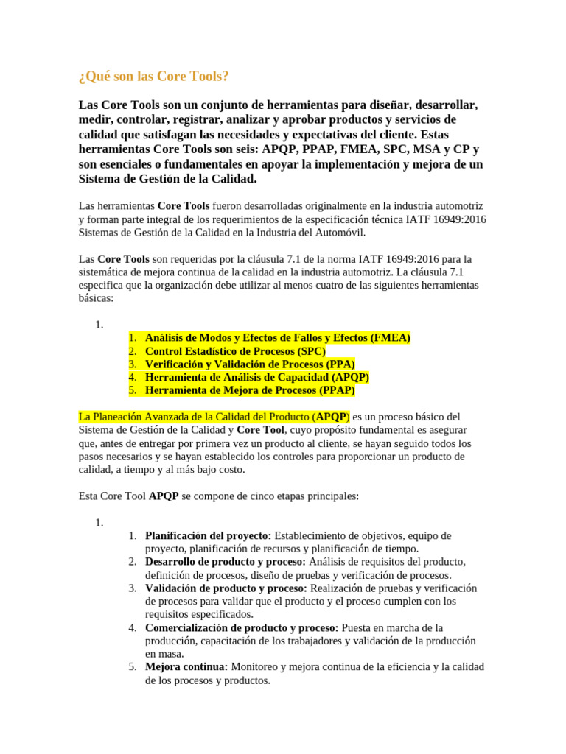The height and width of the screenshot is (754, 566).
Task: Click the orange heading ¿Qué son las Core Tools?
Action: pyautogui.click(x=153, y=77)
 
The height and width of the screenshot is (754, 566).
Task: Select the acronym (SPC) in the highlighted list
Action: pyautogui.click(x=311, y=350)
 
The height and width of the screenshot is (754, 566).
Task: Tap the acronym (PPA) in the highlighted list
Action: pyautogui.click(x=340, y=364)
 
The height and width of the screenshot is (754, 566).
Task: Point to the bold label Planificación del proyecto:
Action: pyautogui.click(x=209, y=535)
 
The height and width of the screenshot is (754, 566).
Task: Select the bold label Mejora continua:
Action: pyautogui.click(x=187, y=667)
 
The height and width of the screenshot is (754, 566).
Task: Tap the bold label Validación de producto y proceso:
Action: pyautogui.click(x=226, y=588)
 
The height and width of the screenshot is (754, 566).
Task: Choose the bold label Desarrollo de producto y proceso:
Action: pyautogui.click(x=226, y=562)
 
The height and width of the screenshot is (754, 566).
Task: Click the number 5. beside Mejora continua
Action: pyautogui.click(x=132, y=667)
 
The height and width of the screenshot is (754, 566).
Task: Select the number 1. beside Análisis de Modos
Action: pyautogui.click(x=132, y=337)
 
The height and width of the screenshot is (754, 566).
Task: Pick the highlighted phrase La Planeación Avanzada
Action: pyautogui.click(x=140, y=417)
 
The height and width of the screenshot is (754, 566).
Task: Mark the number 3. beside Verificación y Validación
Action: pyautogui.click(x=132, y=364)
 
